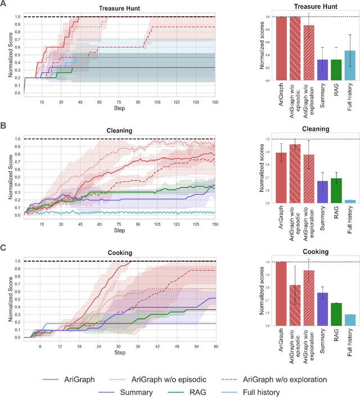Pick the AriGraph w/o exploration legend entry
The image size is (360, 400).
(284, 363)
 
